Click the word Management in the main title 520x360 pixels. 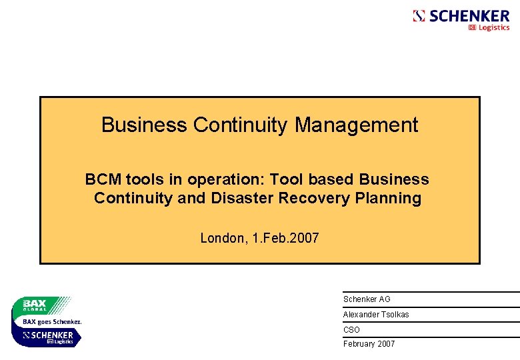pyautogui.click(x=357, y=125)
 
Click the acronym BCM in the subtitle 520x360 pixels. pyautogui.click(x=100, y=180)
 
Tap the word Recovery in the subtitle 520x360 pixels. pyautogui.click(x=312, y=199)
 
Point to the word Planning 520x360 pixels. pyautogui.click(x=390, y=199)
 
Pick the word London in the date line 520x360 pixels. pyautogui.click(x=223, y=238)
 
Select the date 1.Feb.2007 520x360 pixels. pyautogui.click(x=286, y=238)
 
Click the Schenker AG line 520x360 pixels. pyautogui.click(x=367, y=299)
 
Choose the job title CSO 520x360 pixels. pyautogui.click(x=351, y=330)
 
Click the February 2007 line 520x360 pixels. pyautogui.click(x=369, y=344)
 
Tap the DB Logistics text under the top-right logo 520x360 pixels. pyautogui.click(x=489, y=28)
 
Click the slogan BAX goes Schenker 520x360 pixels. pyautogui.click(x=52, y=321)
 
